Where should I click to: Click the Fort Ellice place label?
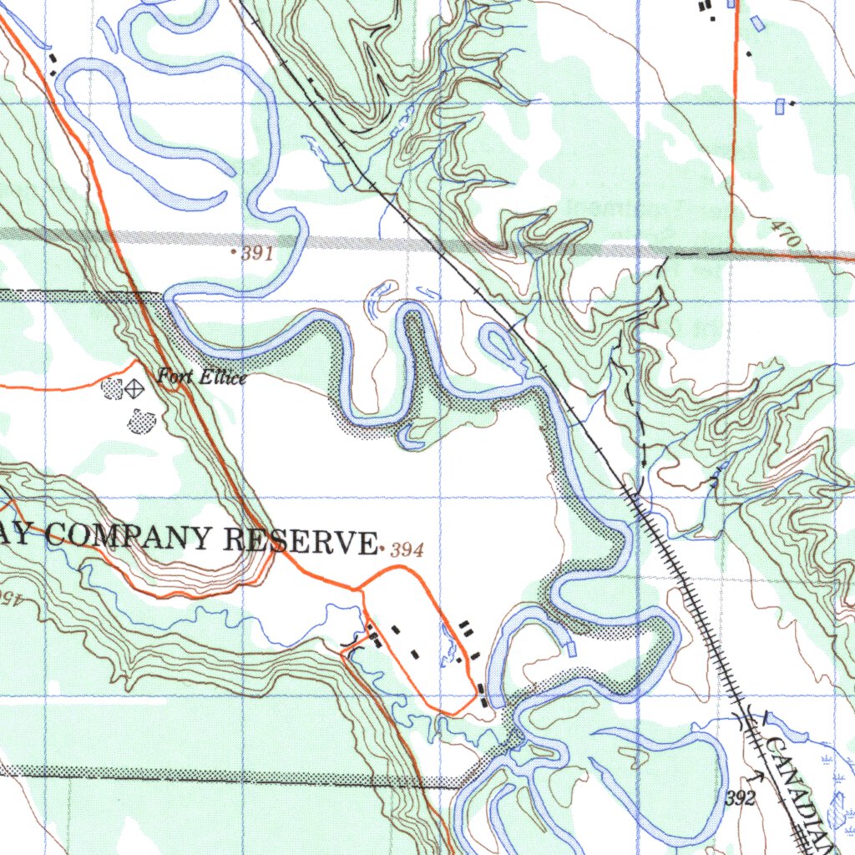click(202, 377)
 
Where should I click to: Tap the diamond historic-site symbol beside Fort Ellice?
click(133, 387)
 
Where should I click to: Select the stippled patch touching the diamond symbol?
click(112, 387)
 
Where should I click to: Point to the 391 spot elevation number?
click(258, 255)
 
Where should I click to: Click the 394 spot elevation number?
click(407, 549)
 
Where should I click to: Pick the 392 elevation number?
click(740, 799)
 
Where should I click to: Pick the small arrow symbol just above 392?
click(758, 777)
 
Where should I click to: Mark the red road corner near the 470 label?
click(732, 250)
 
